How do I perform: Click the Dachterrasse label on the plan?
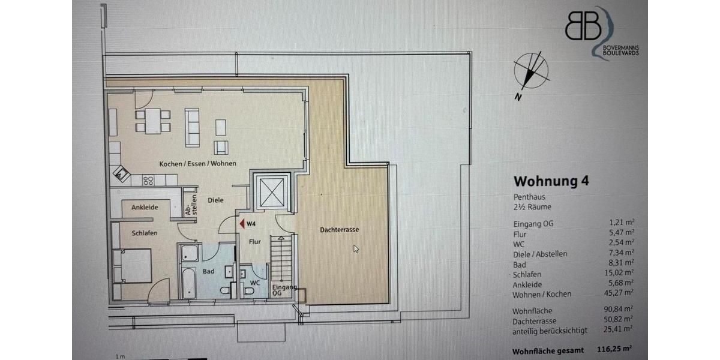[x=340, y=229]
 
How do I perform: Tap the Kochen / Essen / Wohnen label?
[x=197, y=164]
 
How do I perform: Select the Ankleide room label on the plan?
[x=145, y=207]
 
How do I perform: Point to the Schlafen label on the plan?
[x=145, y=233]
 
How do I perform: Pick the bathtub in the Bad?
[x=188, y=283]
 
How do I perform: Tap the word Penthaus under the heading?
[x=529, y=196]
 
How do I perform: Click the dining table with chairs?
[x=153, y=121]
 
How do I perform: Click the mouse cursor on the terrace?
[x=356, y=249]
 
